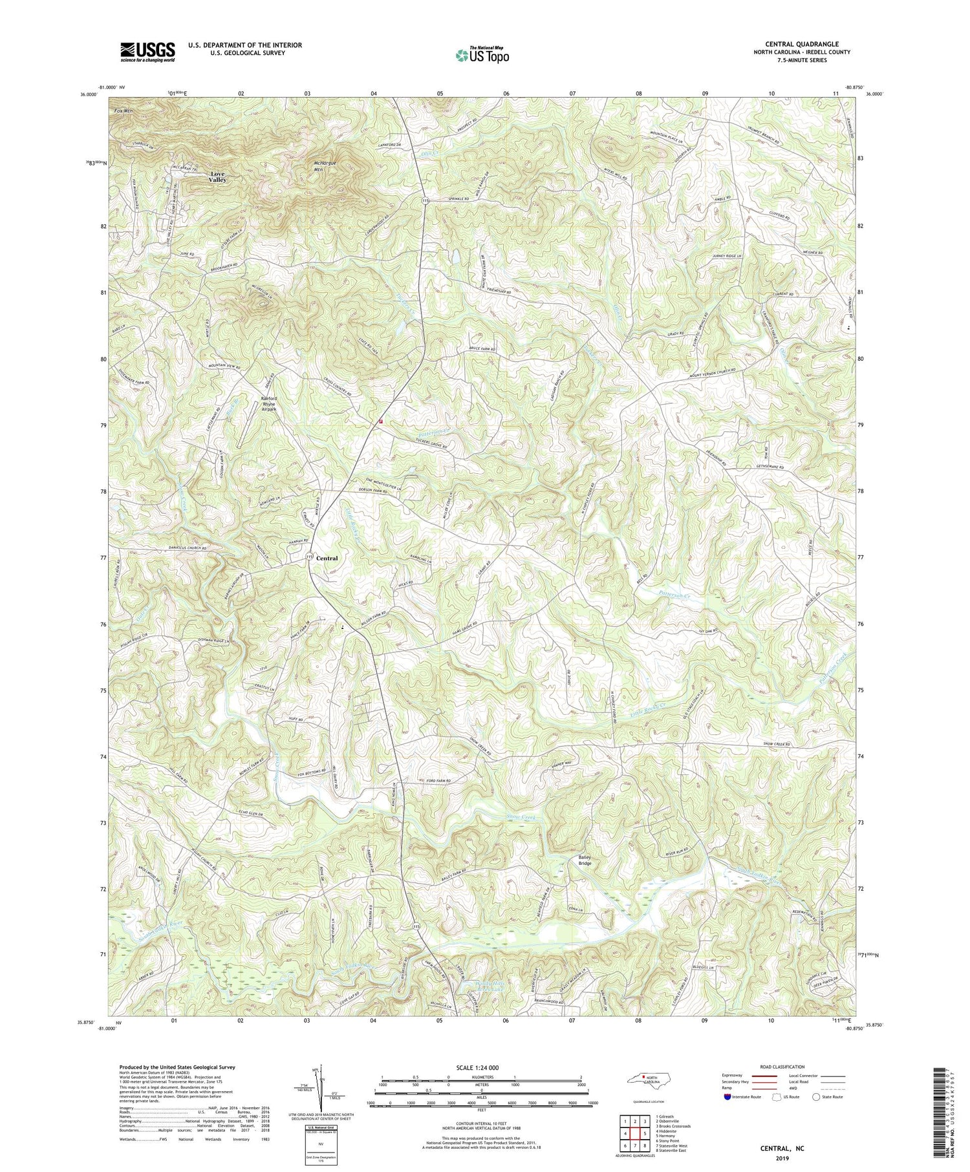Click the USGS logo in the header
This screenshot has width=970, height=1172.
147,52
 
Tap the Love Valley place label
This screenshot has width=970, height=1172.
217,177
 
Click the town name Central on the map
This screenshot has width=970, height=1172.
327,558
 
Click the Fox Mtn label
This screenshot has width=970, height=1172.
122,111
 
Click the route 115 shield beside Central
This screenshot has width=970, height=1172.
309,557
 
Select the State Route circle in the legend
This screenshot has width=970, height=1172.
816,1096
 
